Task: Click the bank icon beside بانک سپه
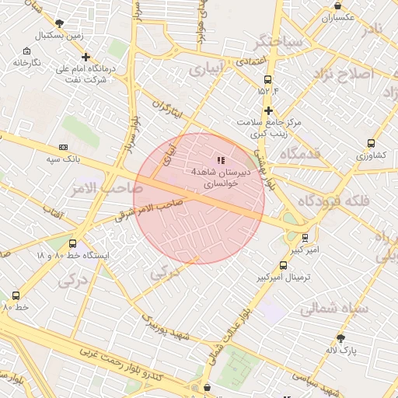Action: point(63,146)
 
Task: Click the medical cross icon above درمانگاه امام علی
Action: point(86,56)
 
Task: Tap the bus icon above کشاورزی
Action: point(371,144)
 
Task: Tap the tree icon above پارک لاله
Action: point(340,337)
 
